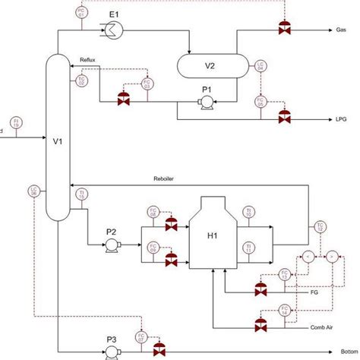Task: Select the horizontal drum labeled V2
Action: pyautogui.click(x=210, y=65)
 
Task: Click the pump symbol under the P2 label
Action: pyautogui.click(x=112, y=244)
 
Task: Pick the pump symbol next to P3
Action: pyautogui.click(x=112, y=352)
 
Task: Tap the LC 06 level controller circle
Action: pyautogui.click(x=34, y=191)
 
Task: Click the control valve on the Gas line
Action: pyautogui.click(x=285, y=30)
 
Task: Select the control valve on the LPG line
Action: pyautogui.click(x=285, y=118)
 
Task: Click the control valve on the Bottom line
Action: pyautogui.click(x=159, y=352)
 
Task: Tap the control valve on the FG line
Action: pyautogui.click(x=261, y=289)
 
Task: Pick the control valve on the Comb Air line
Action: pyautogui.click(x=261, y=326)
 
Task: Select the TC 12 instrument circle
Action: pyautogui.click(x=320, y=226)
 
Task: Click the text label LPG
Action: pyautogui.click(x=342, y=119)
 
